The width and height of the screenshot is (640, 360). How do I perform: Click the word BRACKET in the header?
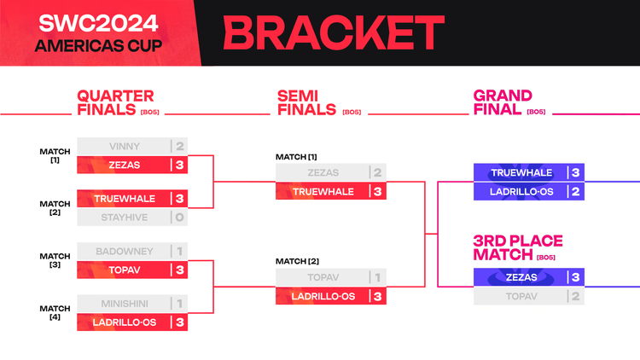334,32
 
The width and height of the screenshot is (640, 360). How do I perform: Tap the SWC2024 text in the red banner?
98,23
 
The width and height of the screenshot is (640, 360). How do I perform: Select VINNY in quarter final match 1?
125,146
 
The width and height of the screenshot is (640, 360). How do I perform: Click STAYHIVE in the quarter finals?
125,218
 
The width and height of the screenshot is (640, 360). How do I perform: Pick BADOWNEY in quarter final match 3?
125,252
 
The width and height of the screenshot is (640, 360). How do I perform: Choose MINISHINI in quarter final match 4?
125,304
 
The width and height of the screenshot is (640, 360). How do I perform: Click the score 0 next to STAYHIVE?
179,218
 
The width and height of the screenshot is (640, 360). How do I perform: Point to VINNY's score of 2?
179,146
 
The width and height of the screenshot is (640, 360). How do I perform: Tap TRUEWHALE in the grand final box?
521,172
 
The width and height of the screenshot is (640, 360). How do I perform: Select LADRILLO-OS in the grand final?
521,192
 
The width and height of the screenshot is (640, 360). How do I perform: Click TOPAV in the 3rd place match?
521,296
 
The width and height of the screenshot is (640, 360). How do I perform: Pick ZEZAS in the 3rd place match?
521,277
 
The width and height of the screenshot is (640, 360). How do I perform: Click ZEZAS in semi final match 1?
323,172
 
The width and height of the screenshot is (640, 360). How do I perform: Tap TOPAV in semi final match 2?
323,277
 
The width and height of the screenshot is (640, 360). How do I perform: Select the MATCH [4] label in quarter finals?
55,312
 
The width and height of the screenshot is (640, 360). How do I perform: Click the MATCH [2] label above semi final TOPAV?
297,261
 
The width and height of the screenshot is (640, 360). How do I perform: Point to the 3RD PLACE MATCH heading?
518,247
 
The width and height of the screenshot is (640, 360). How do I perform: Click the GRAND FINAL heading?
503,102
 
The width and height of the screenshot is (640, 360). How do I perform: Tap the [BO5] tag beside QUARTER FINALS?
150,113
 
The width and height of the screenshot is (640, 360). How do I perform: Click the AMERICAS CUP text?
98,46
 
